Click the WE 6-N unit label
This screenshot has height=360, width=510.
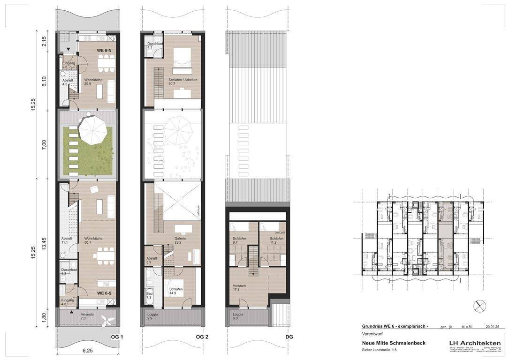[104, 50]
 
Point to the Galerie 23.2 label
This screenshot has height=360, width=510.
[180, 241]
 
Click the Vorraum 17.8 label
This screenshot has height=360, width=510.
[239, 287]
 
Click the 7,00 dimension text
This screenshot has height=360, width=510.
[44, 144]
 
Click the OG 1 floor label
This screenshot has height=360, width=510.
[116, 337]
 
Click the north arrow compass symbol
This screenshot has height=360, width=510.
[480, 306]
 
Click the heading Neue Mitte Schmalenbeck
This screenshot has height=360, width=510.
[394, 343]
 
